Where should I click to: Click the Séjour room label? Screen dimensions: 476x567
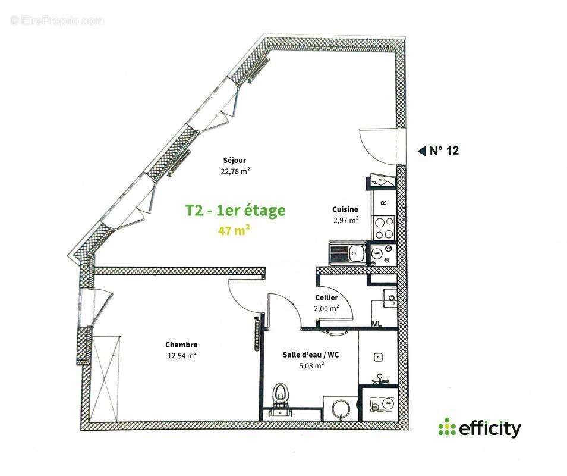[x=235, y=160]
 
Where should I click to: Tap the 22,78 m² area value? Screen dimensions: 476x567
[x=235, y=171]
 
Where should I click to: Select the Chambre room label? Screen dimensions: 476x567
[x=181, y=345]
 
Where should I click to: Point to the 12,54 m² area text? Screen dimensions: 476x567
[x=182, y=356]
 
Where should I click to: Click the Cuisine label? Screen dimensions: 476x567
[x=345, y=209]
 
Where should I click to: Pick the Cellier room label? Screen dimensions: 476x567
[x=326, y=297]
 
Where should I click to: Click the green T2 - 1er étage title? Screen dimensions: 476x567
[x=235, y=210]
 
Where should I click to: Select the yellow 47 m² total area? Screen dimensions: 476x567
[x=234, y=230]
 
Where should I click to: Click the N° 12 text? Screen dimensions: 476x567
[x=444, y=151]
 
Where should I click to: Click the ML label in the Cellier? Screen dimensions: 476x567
[x=376, y=324]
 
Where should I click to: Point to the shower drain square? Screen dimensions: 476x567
[x=377, y=357]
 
